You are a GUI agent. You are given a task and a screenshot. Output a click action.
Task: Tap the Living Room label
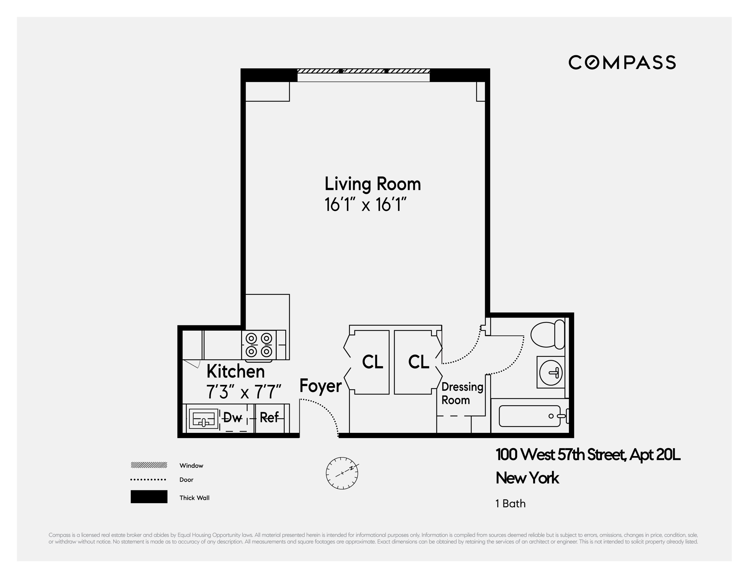pos(373,184)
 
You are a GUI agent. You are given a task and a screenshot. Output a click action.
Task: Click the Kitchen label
pos(236,371)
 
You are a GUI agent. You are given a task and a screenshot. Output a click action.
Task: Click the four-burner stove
pos(259,345)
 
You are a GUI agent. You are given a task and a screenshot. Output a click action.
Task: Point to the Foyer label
pos(320,386)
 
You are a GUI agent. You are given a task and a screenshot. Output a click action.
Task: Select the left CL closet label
pos(373,362)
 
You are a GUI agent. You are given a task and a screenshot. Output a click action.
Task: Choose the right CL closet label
pos(418,362)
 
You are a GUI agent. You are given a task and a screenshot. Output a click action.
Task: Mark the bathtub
pos(530,416)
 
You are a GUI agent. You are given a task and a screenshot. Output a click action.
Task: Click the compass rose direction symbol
pos(342,473)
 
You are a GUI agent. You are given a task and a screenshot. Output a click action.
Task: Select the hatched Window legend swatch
pos(149,465)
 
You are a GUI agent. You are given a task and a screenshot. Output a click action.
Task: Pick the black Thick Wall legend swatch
pos(149,497)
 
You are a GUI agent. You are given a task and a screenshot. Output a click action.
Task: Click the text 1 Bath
pos(510,504)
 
